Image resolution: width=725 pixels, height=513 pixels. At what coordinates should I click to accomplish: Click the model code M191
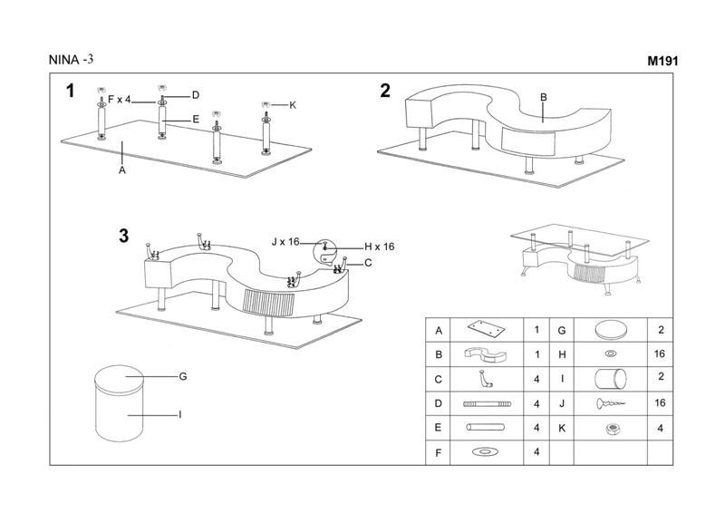(x=662, y=62)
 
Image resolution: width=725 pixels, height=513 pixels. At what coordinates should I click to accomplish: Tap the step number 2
(x=385, y=90)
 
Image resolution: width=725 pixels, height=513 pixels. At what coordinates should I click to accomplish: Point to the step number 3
(x=123, y=237)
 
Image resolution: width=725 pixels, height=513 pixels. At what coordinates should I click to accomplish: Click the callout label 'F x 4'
(x=120, y=99)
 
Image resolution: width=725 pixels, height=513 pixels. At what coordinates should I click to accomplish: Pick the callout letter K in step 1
(x=293, y=105)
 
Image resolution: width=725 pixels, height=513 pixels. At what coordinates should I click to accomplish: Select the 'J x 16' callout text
(x=285, y=241)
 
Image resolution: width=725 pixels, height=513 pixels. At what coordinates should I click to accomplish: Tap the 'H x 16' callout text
(x=379, y=247)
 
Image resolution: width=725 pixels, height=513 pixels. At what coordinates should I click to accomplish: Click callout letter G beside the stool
(x=182, y=376)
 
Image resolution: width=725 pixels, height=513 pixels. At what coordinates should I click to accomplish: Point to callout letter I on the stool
(x=180, y=414)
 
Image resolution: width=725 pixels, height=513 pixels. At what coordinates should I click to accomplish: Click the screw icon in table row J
(x=609, y=403)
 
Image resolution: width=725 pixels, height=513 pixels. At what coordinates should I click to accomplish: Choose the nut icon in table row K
(x=609, y=427)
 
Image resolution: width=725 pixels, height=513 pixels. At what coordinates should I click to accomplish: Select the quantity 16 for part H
(x=660, y=354)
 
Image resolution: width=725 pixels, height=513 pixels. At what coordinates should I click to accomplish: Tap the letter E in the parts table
(x=439, y=427)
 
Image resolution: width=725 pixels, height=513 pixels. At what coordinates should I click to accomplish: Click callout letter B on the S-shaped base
(x=544, y=97)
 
